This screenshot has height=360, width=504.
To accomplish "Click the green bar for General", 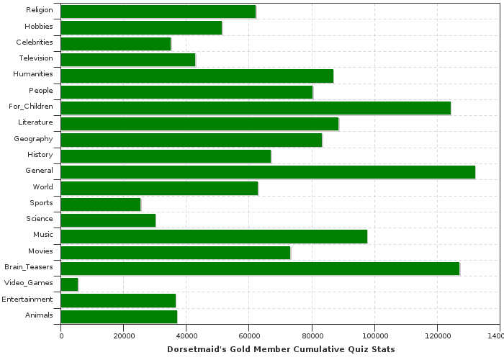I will pyautogui.click(x=268, y=171).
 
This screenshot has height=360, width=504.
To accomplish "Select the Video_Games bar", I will pyautogui.click(x=69, y=284).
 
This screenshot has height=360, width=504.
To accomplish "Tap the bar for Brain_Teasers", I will pyautogui.click(x=260, y=268).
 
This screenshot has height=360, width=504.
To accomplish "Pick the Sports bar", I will pyautogui.click(x=101, y=204).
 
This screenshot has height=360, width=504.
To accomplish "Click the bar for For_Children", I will pyautogui.click(x=256, y=107).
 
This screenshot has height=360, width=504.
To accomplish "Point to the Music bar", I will pyautogui.click(x=214, y=235).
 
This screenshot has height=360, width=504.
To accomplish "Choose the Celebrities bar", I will pyautogui.click(x=116, y=43).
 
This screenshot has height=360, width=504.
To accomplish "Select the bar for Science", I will pyautogui.click(x=108, y=220).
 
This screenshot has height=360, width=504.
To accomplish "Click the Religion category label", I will pyautogui.click(x=39, y=9).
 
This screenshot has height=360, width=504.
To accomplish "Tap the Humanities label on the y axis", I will pyautogui.click(x=33, y=74).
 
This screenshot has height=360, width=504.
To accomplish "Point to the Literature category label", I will pyautogui.click(x=35, y=122).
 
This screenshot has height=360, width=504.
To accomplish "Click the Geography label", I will pyautogui.click(x=33, y=138).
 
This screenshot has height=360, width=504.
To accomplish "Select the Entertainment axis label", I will pyautogui.click(x=27, y=299).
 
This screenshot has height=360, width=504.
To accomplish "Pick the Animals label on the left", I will pyautogui.click(x=39, y=315).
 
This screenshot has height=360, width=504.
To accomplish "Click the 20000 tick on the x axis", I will pyautogui.click(x=124, y=336).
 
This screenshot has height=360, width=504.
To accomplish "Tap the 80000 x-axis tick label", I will pyautogui.click(x=312, y=336).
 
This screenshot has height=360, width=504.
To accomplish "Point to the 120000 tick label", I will pyautogui.click(x=437, y=336).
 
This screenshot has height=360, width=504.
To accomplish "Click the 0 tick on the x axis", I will pyautogui.click(x=61, y=336).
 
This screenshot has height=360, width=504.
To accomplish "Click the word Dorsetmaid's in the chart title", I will pyautogui.click(x=192, y=349).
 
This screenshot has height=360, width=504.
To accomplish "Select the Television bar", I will pyautogui.click(x=128, y=59).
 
